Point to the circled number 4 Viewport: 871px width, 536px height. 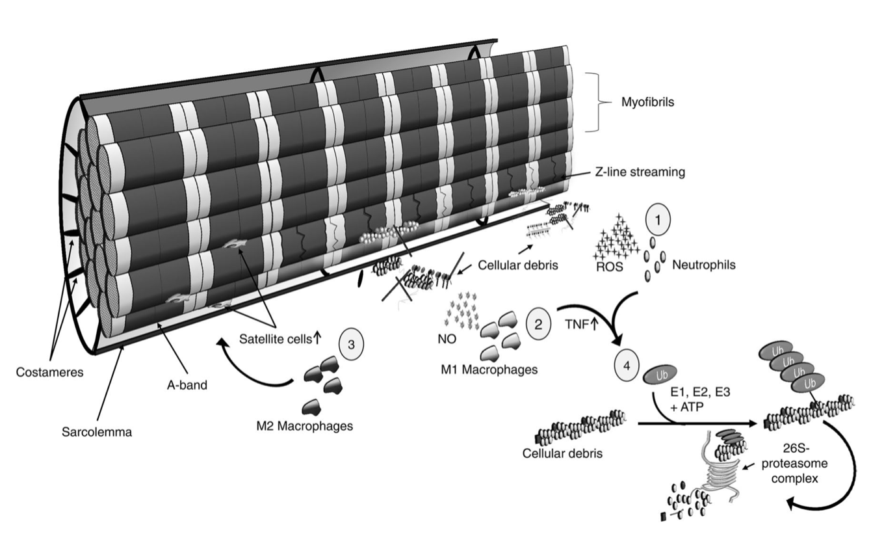click(627, 366)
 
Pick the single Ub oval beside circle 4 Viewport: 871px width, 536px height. click(659, 376)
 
